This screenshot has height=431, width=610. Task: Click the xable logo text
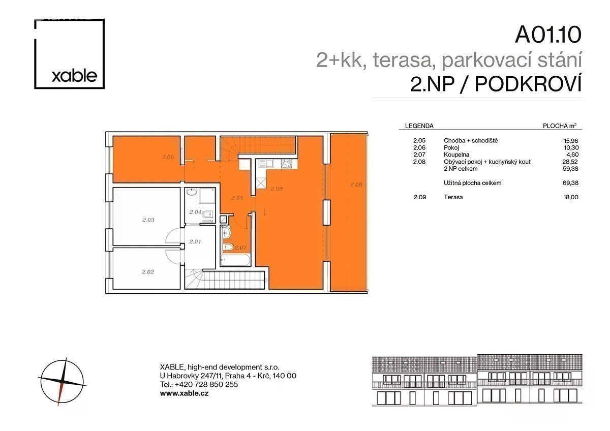coord(74,76)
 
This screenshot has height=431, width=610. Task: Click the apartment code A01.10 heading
coord(548,35)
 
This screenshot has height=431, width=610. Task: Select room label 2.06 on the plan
coord(168,157)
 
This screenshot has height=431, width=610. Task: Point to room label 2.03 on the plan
coord(148,220)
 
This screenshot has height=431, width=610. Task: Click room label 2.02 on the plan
coord(148,272)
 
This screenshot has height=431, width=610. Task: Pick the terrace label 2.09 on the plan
coord(356,184)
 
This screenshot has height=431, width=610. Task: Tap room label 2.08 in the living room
coord(277,189)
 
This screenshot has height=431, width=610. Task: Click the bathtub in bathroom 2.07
coord(235,260)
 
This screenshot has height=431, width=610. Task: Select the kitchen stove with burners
coord(287,164)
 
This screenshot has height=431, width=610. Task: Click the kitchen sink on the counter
coord(266,163)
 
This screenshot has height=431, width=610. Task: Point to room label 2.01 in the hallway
coord(195,241)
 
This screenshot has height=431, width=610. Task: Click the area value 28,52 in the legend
coord(570,162)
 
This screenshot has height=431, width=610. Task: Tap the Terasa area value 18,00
coord(571,197)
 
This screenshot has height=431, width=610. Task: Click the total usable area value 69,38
coord(570,183)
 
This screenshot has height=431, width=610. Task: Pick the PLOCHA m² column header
coord(560,126)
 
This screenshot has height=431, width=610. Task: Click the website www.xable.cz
coord(185,393)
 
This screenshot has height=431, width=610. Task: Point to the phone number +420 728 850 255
coord(206,384)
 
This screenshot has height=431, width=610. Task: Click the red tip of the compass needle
coord(58,405)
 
